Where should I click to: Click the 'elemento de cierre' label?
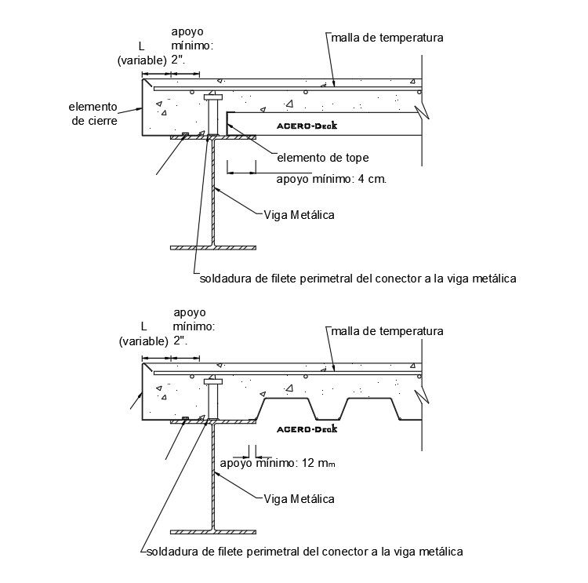point(93,114)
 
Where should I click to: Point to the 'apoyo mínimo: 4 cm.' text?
point(333,179)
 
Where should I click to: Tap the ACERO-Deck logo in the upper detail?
point(310,125)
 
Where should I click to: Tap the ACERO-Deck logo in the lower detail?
point(307,429)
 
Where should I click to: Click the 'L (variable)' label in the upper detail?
point(141,53)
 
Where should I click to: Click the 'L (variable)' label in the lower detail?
point(143,333)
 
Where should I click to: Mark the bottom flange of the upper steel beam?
point(213,247)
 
